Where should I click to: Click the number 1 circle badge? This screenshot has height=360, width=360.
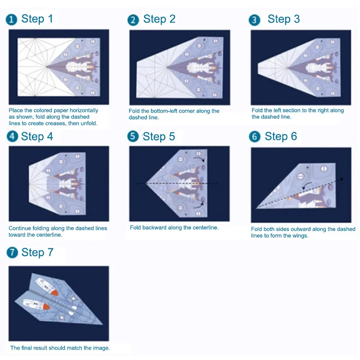pos(12,19)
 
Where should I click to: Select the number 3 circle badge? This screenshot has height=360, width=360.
pos(255,20)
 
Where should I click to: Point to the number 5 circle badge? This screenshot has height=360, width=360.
pos(133,137)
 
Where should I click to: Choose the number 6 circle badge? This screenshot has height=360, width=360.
pos(255,137)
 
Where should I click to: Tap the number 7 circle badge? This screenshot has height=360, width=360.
pos(12,253)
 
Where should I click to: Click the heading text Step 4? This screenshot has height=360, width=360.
pos(37,137)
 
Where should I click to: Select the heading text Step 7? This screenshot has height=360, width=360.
pos(37,253)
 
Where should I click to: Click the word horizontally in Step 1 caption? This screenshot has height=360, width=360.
pos(83,110)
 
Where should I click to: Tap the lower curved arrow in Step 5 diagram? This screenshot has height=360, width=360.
pos(198,206)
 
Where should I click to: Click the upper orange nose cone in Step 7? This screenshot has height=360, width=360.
pos(54,292)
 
